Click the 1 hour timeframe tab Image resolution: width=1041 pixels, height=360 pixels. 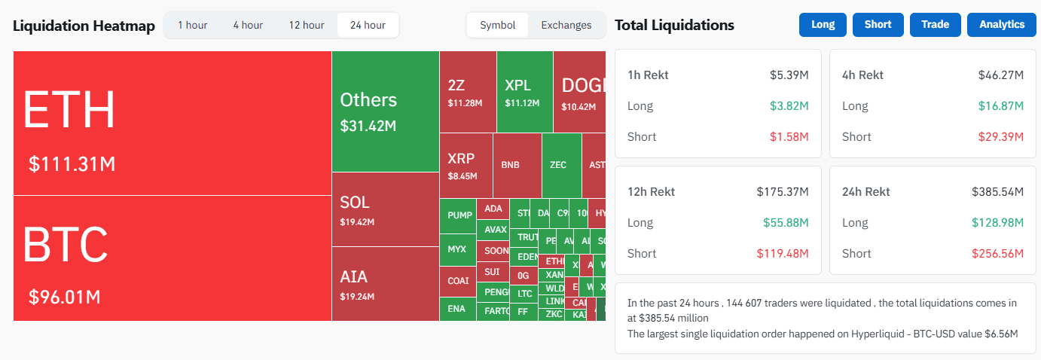click(192, 25)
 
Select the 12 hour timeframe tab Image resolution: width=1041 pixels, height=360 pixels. click(307, 25)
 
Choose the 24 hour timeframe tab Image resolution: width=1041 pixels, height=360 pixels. click(368, 25)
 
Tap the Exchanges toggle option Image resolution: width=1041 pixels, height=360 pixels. click(566, 25)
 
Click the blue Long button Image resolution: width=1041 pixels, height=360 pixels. click(823, 24)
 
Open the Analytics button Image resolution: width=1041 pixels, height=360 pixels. click(1002, 24)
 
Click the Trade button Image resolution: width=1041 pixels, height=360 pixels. click(935, 24)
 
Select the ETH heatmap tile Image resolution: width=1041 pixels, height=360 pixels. click(172, 123)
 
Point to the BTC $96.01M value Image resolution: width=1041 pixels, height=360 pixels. click(65, 297)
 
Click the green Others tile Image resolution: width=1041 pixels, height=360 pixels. click(385, 111)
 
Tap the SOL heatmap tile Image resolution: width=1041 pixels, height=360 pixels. click(385, 209)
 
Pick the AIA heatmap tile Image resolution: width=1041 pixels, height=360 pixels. click(385, 284)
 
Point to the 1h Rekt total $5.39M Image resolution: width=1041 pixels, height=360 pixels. click(789, 75)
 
